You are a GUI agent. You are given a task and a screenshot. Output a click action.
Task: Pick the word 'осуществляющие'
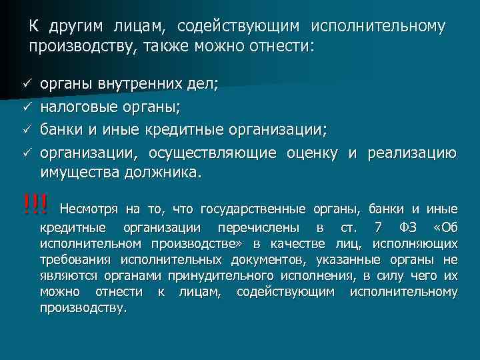[212, 153]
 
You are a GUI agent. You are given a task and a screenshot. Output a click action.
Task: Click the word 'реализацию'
[413, 153]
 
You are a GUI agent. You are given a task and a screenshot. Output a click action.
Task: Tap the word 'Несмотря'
[89, 209]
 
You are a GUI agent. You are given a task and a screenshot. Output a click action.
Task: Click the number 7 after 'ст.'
[379, 227]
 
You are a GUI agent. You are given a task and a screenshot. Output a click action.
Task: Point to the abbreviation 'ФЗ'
[406, 227]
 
